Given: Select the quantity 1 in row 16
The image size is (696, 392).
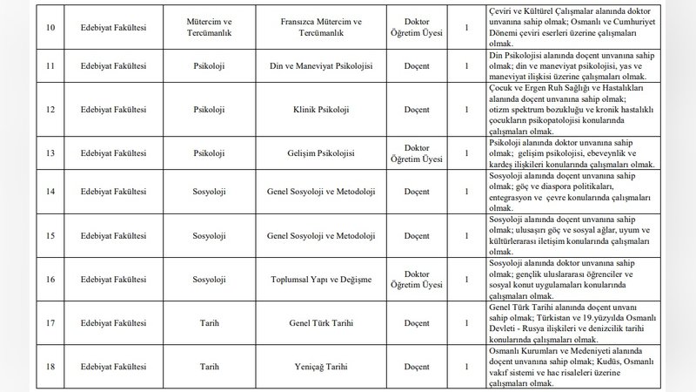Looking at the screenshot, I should (x=467, y=278).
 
